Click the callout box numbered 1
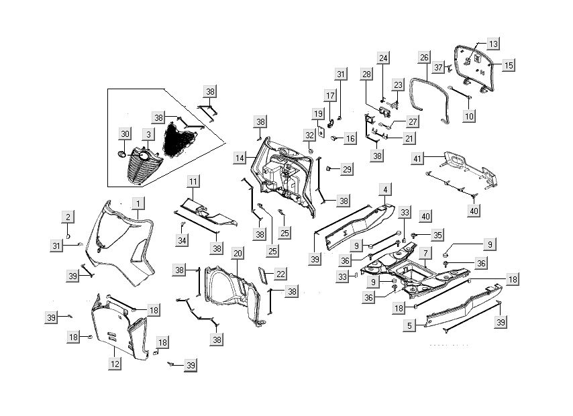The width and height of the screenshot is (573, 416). [x=138, y=203]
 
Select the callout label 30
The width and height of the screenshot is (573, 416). [x=125, y=134]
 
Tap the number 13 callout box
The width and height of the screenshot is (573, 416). [x=493, y=44]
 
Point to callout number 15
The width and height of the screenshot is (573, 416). [x=509, y=65]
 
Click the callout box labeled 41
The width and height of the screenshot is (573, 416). [x=417, y=158]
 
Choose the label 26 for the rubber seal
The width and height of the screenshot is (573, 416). [x=424, y=58]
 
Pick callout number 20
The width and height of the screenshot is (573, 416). [x=238, y=252]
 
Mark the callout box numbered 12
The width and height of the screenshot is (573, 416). [x=115, y=364]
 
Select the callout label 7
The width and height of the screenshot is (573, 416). [x=425, y=254]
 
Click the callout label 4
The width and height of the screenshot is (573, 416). [x=384, y=190]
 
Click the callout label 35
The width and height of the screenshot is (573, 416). [x=437, y=235]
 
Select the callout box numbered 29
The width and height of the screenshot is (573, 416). [x=346, y=169]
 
